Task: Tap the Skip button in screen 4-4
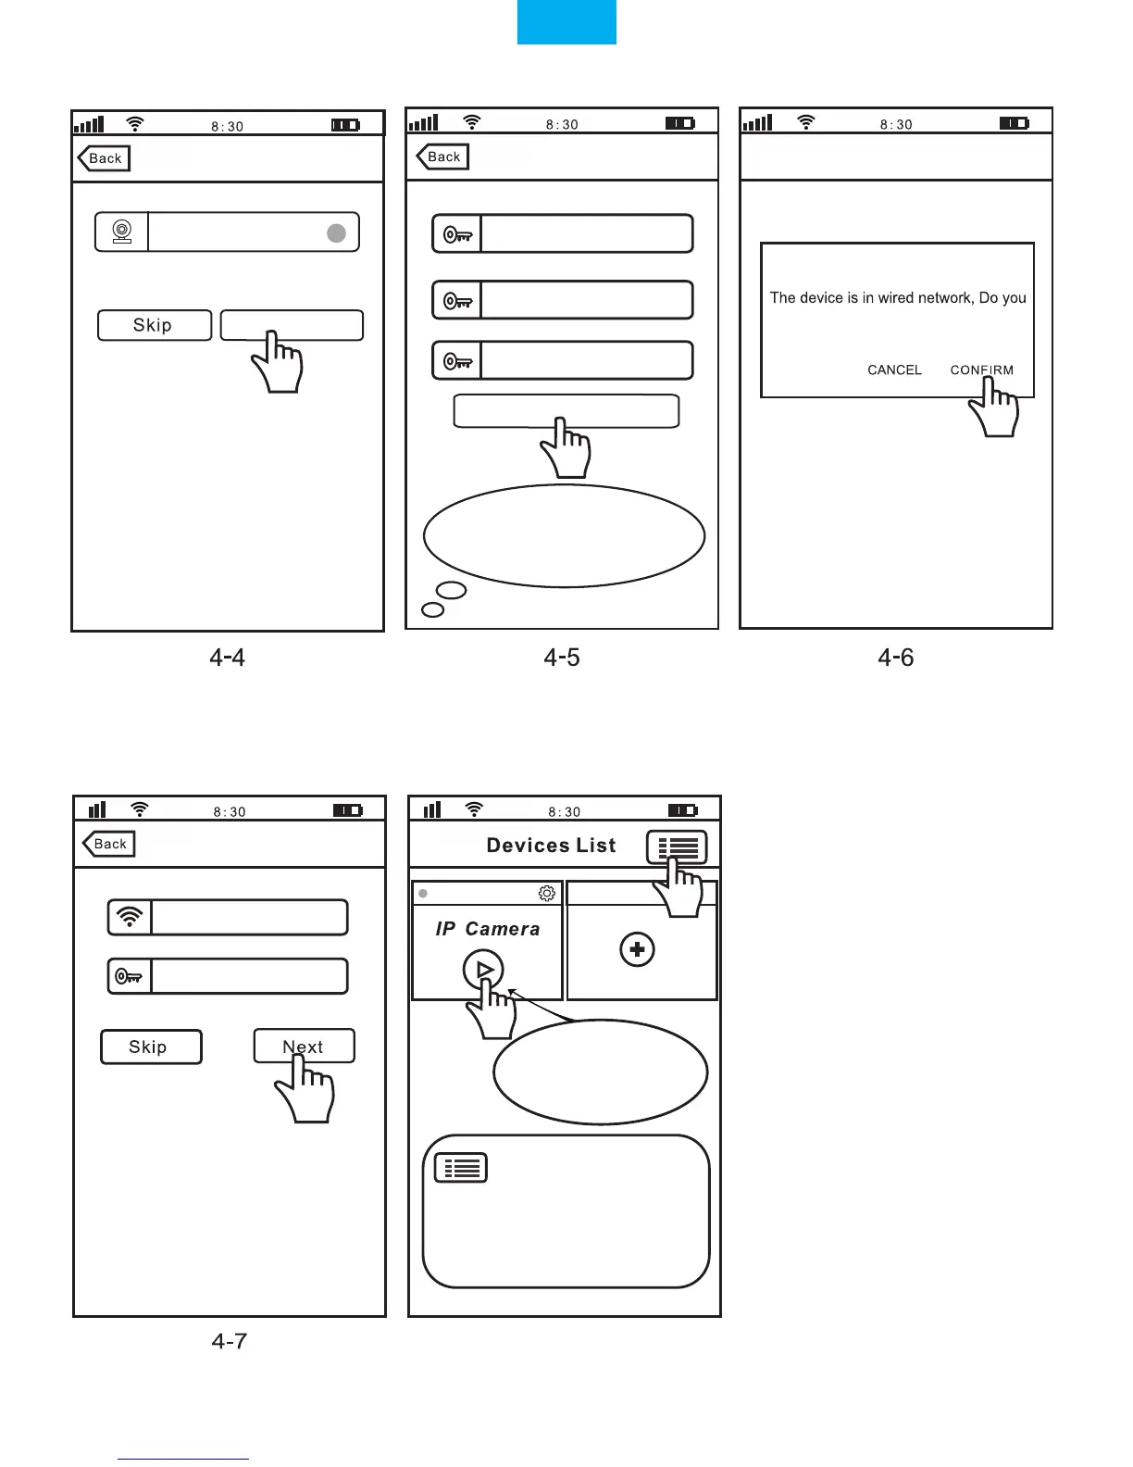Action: click(x=154, y=325)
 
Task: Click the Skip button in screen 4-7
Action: click(x=150, y=1047)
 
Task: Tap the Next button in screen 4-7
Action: click(x=304, y=1047)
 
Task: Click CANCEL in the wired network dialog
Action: click(x=894, y=370)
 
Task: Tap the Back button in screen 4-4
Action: click(x=104, y=158)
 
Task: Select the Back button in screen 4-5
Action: click(x=442, y=157)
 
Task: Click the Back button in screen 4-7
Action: click(x=108, y=844)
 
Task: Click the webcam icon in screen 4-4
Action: click(x=121, y=232)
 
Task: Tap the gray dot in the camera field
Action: click(x=336, y=232)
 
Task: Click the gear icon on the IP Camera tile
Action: click(x=546, y=893)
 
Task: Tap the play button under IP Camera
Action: click(x=483, y=970)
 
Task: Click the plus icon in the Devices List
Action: click(x=637, y=949)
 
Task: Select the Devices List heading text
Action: click(x=551, y=845)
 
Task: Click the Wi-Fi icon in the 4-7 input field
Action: click(x=131, y=917)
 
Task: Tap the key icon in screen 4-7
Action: click(x=129, y=976)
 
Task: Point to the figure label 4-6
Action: click(x=895, y=658)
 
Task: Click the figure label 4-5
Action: click(x=561, y=658)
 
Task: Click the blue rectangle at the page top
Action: click(x=566, y=21)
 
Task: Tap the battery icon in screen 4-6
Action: click(x=1014, y=123)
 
